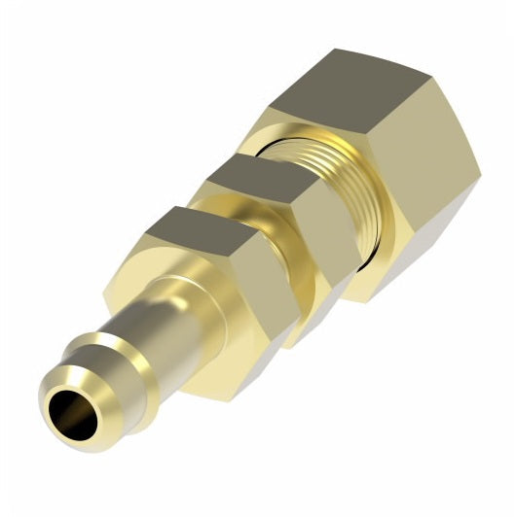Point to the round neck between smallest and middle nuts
(209, 209)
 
